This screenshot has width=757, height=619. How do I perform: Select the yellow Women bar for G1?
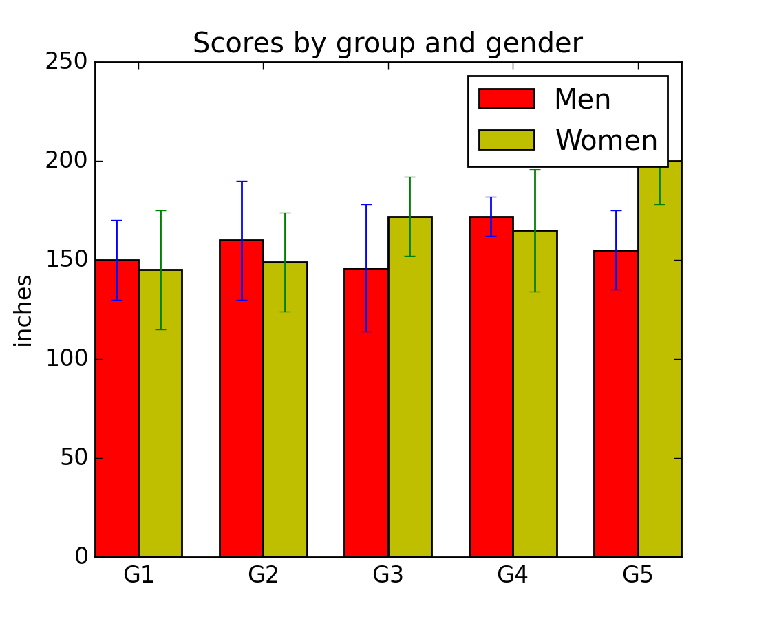pos(160,413)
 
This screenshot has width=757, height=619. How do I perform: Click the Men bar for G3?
pos(366,413)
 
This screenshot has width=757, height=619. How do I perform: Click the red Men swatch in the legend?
pos(507,98)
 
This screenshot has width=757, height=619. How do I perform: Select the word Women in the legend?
pos(606,141)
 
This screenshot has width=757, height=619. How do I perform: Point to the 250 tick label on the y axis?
pos(66,62)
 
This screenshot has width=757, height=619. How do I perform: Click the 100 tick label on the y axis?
pos(66,359)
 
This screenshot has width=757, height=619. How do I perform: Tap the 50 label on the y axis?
pos(74,458)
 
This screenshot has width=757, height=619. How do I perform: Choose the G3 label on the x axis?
pos(388,575)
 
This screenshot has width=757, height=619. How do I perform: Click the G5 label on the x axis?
pos(637,575)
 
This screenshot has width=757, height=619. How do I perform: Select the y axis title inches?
pos(24,310)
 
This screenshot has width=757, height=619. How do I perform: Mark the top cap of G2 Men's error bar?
pos(242,181)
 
